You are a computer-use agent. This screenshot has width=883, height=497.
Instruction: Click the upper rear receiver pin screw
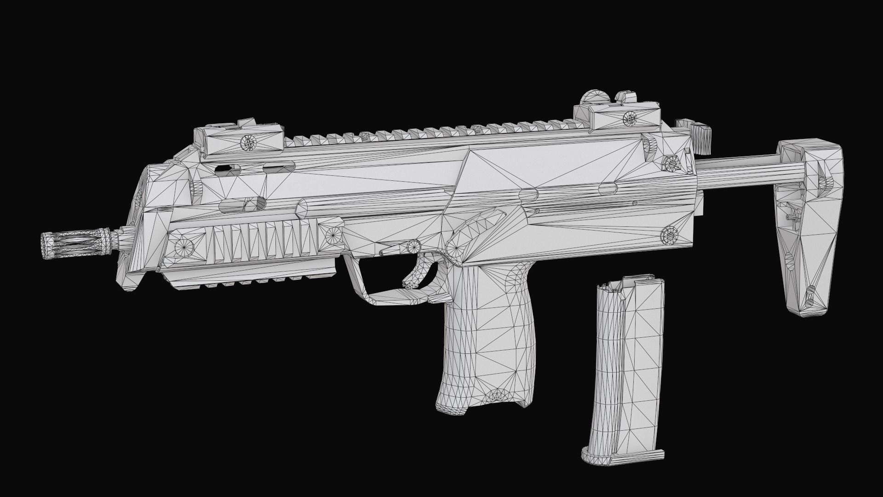click(x=669, y=162)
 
